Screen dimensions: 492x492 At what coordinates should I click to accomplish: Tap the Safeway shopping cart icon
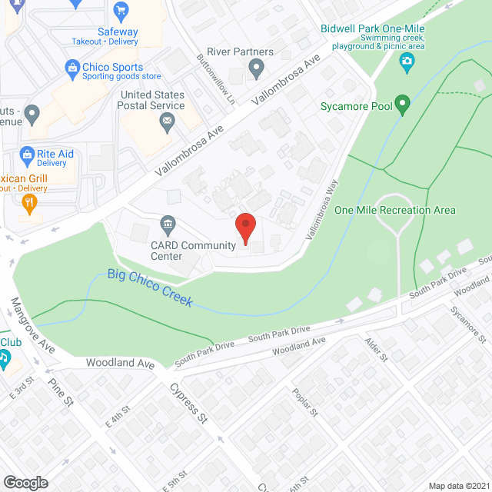(x=120, y=11)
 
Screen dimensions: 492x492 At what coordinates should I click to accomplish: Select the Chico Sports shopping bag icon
(x=73, y=67)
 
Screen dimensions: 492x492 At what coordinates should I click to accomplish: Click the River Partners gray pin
(x=257, y=72)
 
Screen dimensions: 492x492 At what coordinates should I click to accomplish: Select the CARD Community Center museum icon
(x=167, y=225)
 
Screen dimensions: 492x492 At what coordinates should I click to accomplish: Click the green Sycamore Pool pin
(x=402, y=105)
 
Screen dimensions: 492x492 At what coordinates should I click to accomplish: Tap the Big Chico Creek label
(x=150, y=288)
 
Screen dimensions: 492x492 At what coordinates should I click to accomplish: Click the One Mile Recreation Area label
(x=395, y=210)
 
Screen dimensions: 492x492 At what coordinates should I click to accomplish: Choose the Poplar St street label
(x=305, y=402)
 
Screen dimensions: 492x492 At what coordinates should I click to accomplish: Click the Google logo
(x=25, y=482)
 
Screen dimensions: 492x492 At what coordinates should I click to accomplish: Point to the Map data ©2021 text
(x=457, y=485)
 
